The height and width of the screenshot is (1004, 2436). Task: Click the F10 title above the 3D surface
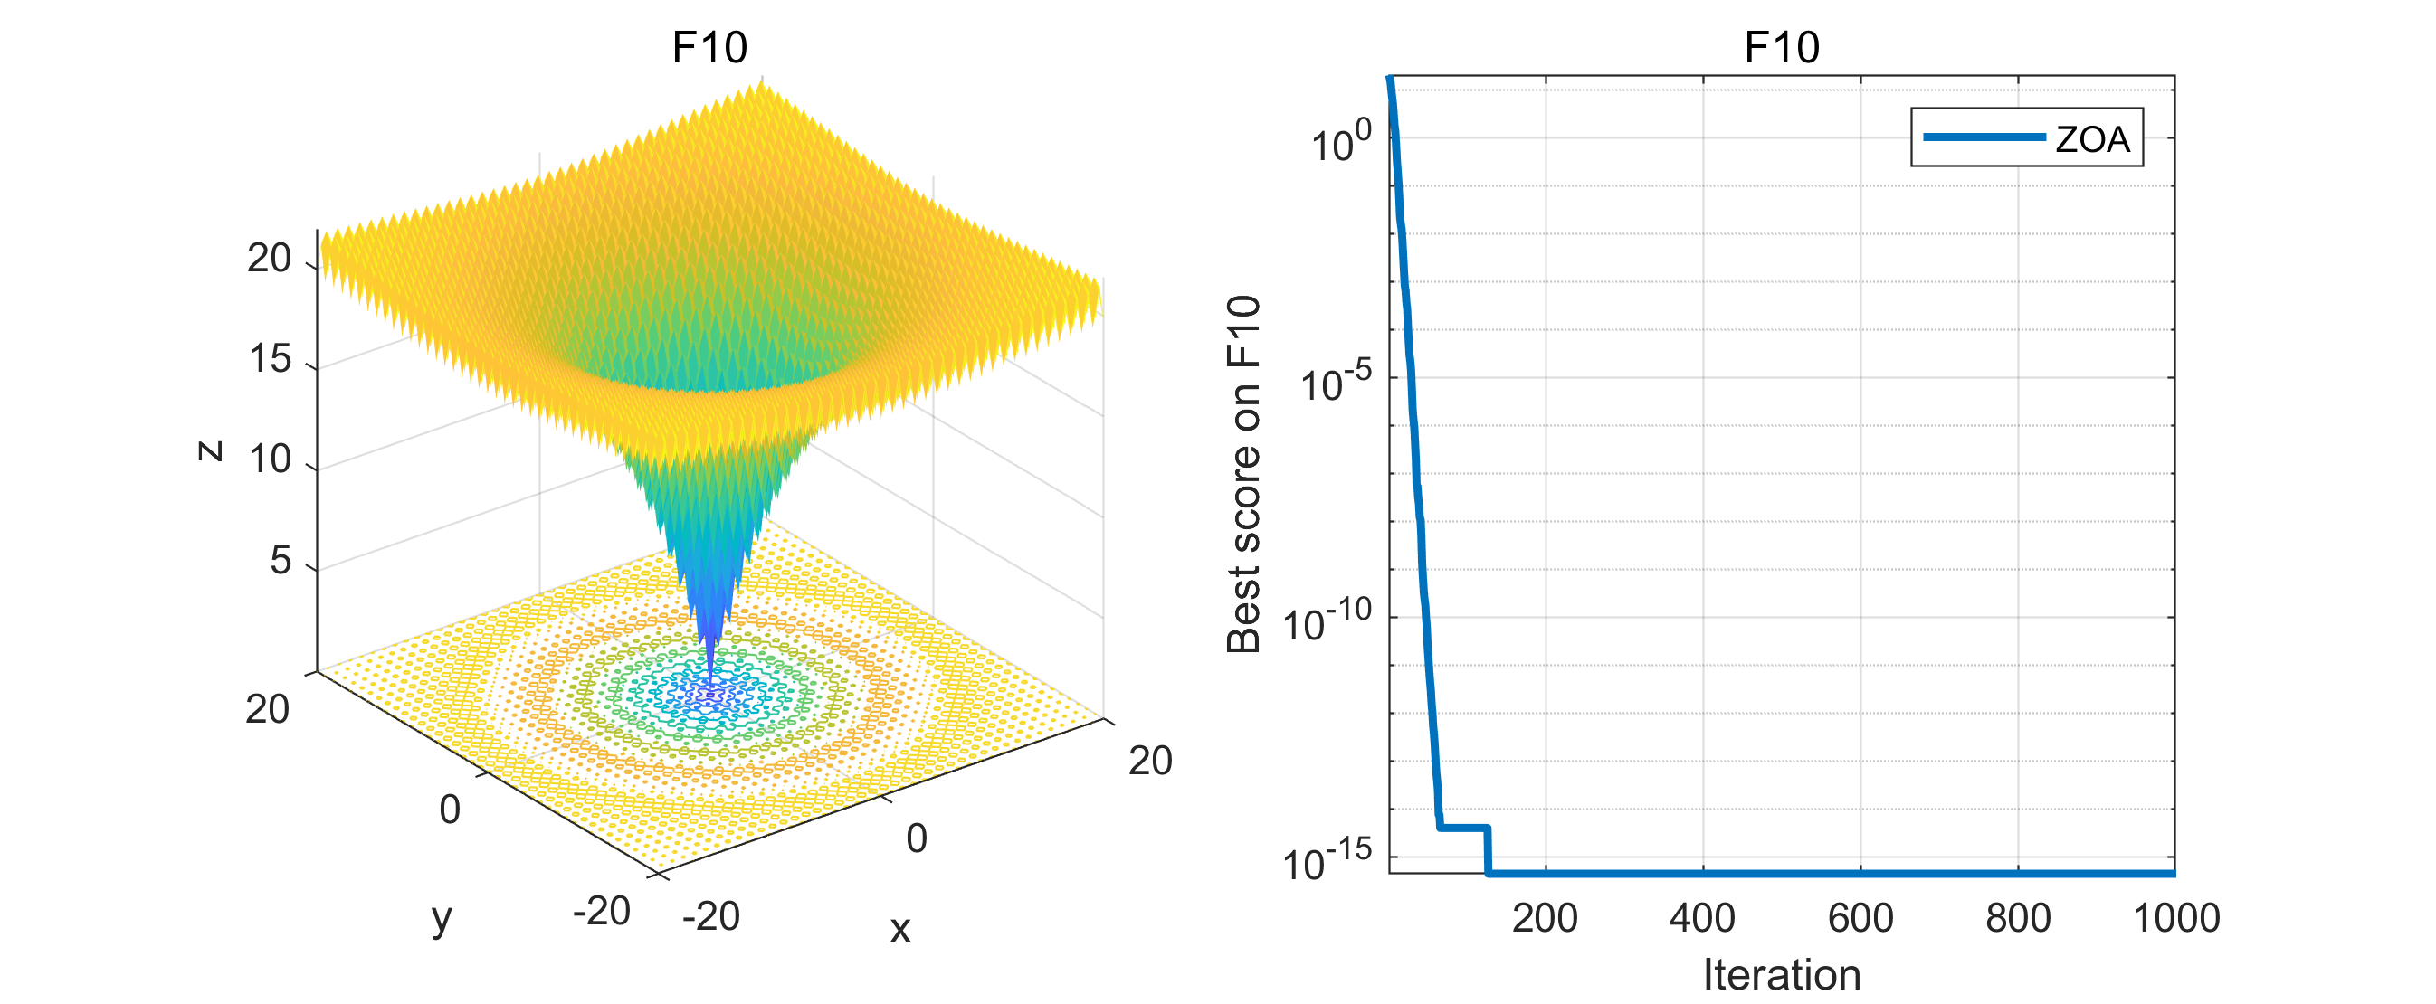point(709,47)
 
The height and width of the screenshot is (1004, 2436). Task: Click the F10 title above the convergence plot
point(1782,47)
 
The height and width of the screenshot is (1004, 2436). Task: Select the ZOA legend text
point(2093,139)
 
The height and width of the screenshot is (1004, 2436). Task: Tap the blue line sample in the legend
point(1984,137)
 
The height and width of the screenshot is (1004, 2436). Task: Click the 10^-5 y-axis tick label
point(1336,384)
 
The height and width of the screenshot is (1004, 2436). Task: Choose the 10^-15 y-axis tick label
point(1327,863)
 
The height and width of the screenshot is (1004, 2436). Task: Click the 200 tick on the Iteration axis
point(1546,918)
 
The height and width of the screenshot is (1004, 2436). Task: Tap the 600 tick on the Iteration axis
point(1860,918)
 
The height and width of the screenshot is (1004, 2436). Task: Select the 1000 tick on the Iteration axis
point(2176,918)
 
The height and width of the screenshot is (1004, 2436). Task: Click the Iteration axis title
point(1782,975)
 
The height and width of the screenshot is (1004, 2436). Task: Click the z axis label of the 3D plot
point(210,451)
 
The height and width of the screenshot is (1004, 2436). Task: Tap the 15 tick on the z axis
point(271,359)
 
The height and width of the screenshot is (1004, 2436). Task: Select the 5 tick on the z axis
point(281,561)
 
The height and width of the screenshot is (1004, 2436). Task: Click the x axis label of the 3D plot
point(900,929)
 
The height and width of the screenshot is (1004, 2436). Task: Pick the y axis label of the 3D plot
point(442,918)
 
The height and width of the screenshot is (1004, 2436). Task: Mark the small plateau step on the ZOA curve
point(1464,828)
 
